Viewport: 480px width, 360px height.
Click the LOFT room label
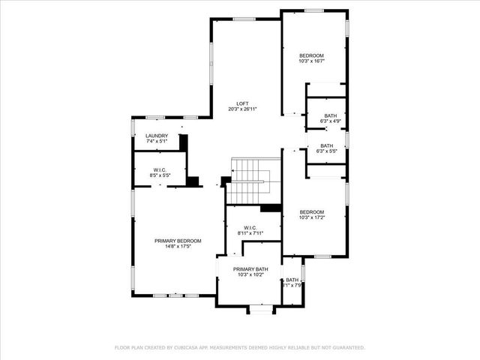coord(242,103)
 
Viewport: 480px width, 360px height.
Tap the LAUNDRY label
coord(157,136)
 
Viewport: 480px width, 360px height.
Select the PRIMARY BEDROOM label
coord(178,241)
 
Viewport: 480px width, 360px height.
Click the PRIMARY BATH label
coord(250,269)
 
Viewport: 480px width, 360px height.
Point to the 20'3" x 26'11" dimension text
coord(242,109)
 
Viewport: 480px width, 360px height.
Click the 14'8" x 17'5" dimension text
coord(178,247)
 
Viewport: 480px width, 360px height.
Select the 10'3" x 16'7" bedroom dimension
coord(311,62)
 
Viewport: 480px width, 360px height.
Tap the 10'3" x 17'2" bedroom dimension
coord(311,217)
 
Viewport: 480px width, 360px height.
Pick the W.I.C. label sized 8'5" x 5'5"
coord(160,170)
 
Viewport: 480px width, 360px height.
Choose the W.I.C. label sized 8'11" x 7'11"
coord(250,228)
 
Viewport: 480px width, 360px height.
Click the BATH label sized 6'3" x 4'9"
coord(330,115)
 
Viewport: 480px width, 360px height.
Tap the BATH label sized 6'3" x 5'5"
coord(327,145)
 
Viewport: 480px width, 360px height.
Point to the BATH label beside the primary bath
coord(292,280)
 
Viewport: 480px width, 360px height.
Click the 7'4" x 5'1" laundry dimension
coord(157,142)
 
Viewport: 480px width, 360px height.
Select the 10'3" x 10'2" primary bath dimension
coord(250,275)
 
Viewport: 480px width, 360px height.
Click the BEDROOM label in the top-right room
coord(311,56)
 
